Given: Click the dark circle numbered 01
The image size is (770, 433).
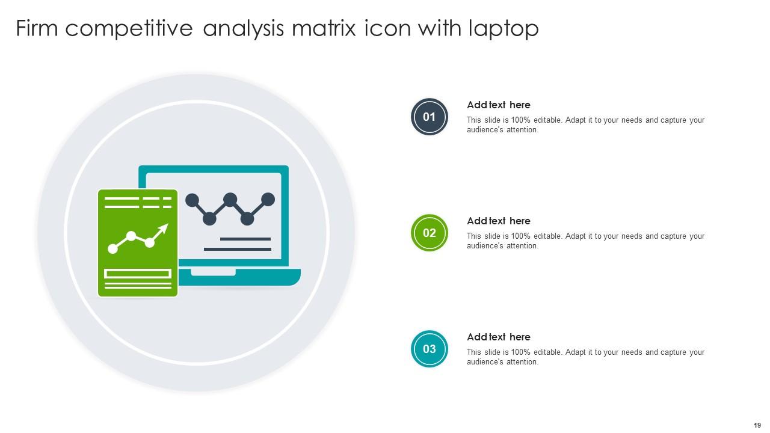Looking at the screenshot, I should [x=429, y=117].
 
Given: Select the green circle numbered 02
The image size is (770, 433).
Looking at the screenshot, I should [x=429, y=233].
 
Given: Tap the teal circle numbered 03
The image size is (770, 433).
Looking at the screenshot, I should [x=429, y=349].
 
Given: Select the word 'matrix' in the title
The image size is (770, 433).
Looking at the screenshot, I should [x=325, y=28].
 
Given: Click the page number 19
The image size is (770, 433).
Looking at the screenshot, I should [x=757, y=425].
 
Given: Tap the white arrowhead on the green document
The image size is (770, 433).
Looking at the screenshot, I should [x=163, y=229].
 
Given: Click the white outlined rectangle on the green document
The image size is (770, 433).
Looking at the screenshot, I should [x=138, y=274].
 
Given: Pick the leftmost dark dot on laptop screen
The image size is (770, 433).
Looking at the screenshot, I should [x=192, y=200].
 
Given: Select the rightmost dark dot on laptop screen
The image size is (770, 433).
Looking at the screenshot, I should [x=268, y=199].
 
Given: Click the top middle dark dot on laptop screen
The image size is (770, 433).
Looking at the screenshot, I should [x=230, y=199].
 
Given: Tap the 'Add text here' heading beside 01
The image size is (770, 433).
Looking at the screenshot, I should [x=498, y=105].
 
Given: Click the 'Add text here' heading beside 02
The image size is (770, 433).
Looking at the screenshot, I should [x=498, y=221].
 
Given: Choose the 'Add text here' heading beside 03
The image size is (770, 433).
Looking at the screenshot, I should [x=498, y=337].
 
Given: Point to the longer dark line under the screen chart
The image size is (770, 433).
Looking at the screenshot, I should [x=238, y=249].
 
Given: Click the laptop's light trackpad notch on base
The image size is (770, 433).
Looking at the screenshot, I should [x=213, y=272].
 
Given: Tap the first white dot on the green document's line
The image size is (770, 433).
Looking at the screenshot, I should [x=112, y=248].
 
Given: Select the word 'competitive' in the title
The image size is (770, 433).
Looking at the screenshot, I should [x=129, y=28].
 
